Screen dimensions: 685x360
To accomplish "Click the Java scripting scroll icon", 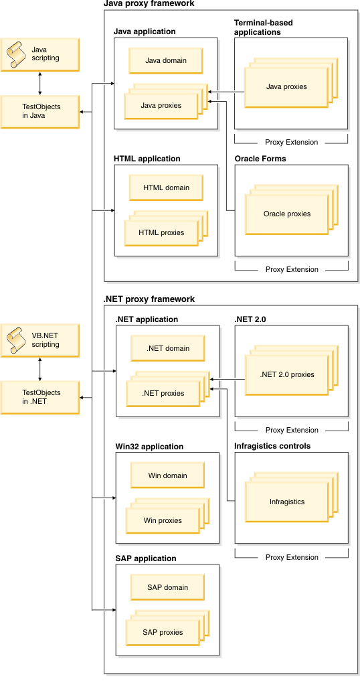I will [16, 54].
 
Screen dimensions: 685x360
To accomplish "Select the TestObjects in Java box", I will [41, 111].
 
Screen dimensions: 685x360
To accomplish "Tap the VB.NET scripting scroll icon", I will [16, 340].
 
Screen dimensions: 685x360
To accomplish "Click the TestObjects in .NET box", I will [41, 397].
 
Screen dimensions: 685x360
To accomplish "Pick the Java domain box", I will [166, 61].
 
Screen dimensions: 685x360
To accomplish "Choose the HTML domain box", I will [166, 188].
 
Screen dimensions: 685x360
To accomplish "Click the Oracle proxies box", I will [286, 214].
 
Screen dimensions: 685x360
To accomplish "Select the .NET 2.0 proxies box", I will [286, 375].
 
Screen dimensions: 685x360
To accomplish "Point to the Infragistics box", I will [286, 502].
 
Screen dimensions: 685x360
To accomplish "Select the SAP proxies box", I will [163, 632].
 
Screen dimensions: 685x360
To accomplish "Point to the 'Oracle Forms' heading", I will [260, 159].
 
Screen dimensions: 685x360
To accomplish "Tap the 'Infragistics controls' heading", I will [272, 446].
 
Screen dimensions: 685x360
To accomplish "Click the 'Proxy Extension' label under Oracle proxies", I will [291, 269].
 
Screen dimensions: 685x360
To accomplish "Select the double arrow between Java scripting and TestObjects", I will [41, 83].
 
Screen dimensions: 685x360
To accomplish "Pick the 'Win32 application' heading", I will [149, 447].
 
